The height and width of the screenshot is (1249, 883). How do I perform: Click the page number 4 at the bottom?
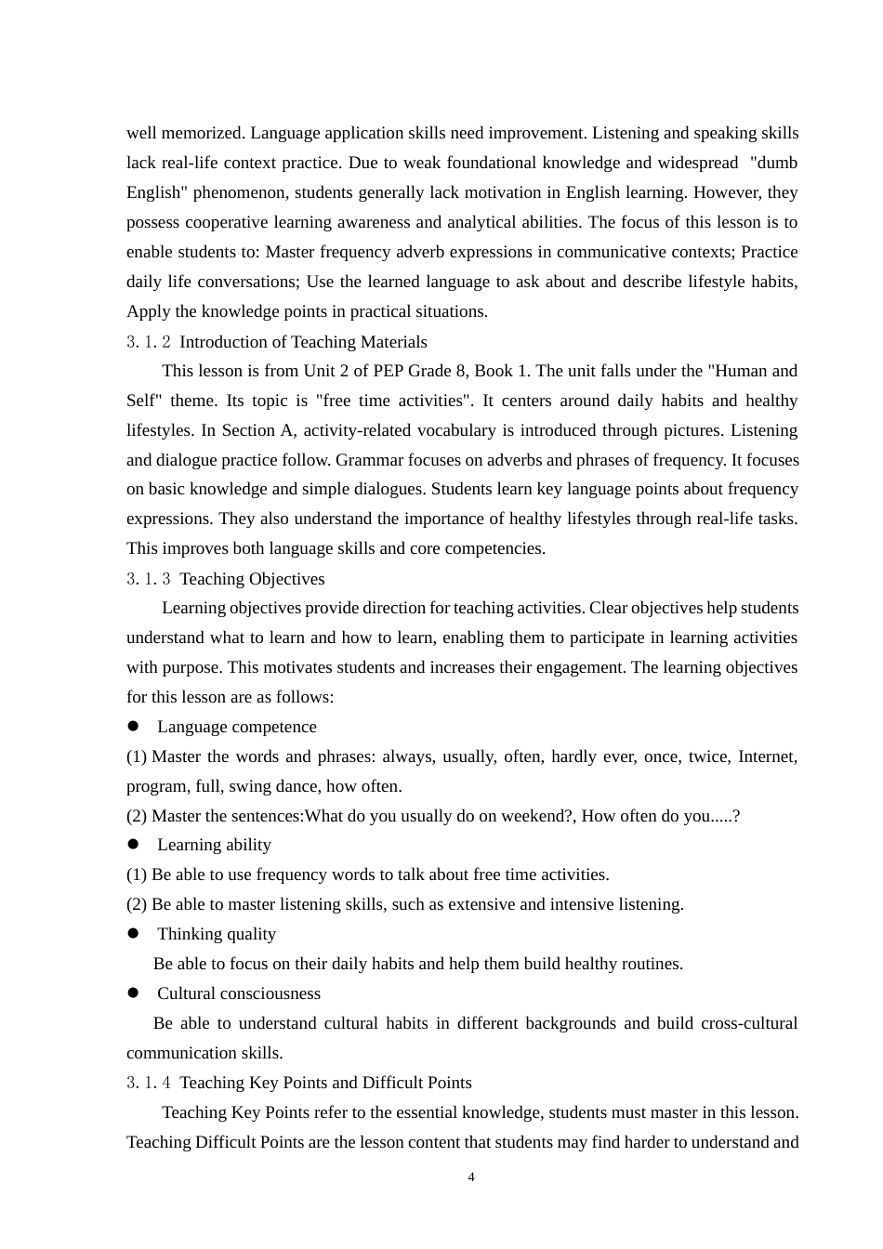click(471, 1177)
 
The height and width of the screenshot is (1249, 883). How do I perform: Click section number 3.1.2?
click(149, 342)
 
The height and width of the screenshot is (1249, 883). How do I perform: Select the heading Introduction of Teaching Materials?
click(303, 342)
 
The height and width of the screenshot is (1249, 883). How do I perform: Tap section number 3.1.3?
click(149, 579)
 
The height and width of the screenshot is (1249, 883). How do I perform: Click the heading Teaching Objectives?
click(252, 579)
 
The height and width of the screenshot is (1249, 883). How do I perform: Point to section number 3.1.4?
click(149, 1083)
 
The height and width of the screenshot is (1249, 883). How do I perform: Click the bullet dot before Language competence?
click(133, 726)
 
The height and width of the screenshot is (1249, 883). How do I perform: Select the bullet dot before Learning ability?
click(133, 844)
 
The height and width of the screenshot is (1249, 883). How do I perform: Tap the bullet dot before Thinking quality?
click(133, 933)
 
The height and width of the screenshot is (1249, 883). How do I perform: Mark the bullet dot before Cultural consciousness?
click(133, 993)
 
